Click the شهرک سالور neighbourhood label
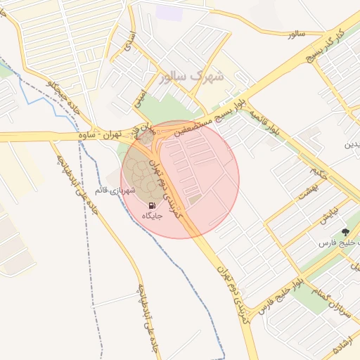coord(191,76)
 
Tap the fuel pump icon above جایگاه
coord(153,205)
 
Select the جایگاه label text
coord(153,216)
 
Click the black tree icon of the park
coord(345,231)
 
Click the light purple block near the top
coord(168,11)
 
